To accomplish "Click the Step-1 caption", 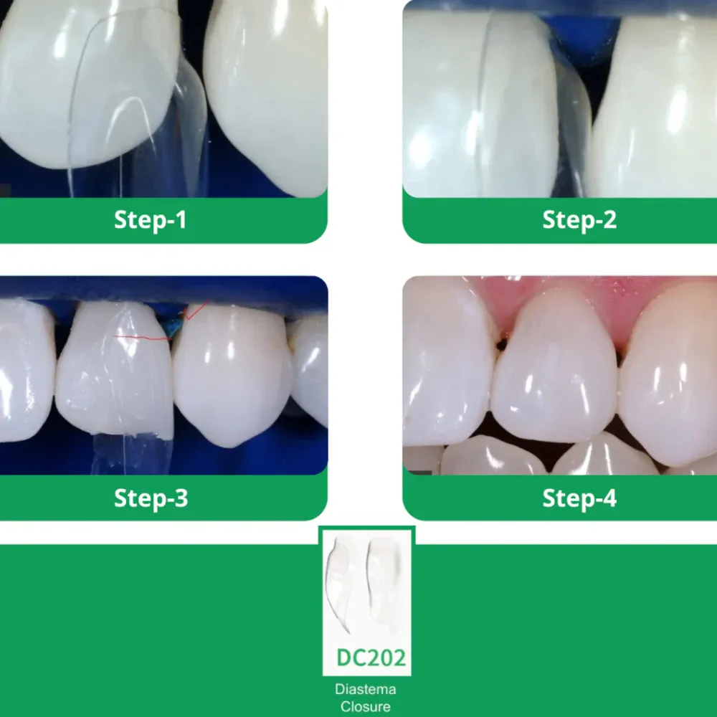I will click(x=150, y=220).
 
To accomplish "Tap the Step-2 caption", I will click(x=579, y=220).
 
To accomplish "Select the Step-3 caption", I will click(x=151, y=498).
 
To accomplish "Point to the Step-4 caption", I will click(x=579, y=498).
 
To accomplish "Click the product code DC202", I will click(x=371, y=657).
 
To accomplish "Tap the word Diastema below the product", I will click(x=365, y=690).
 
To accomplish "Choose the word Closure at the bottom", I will click(x=365, y=706).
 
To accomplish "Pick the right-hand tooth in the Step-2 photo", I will click(x=656, y=108).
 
